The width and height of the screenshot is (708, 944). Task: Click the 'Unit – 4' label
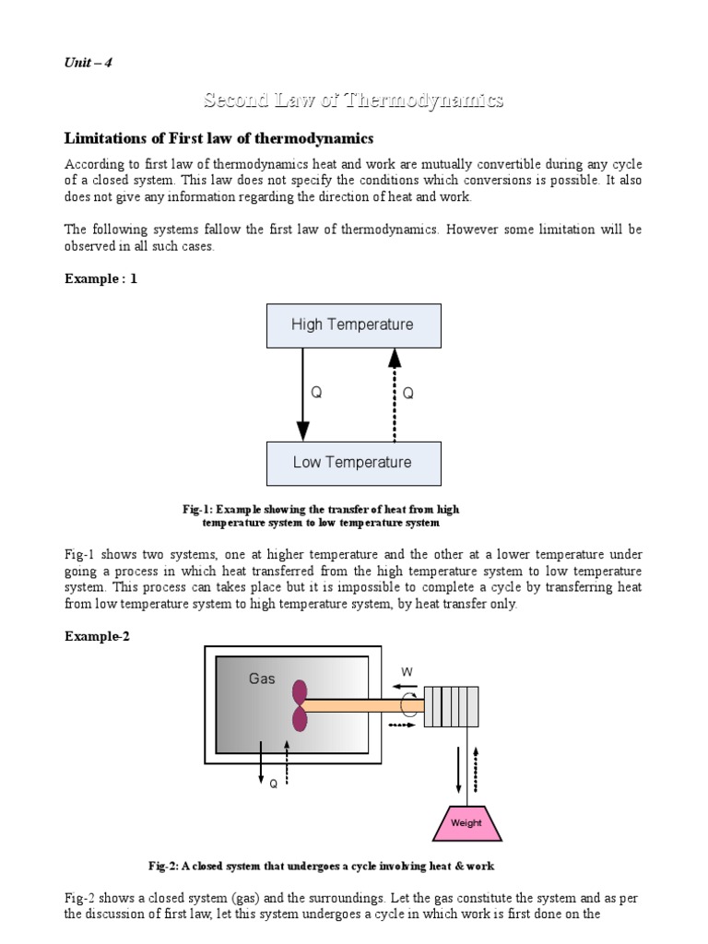click(88, 63)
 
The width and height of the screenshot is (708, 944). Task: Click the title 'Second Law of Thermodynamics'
click(353, 100)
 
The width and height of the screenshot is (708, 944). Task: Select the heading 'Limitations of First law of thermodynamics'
click(218, 138)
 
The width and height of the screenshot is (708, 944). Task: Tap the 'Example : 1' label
click(100, 277)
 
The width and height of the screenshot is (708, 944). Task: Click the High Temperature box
click(353, 324)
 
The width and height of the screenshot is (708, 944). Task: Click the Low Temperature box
click(353, 463)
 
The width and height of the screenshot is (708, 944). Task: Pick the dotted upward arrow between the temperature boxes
click(395, 394)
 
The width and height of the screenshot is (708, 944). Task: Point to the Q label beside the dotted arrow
click(408, 394)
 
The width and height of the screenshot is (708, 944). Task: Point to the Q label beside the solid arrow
click(316, 394)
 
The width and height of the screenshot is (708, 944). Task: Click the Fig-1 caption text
click(321, 516)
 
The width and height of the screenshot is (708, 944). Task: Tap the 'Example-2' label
click(97, 636)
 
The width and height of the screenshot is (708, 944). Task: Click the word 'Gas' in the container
click(263, 679)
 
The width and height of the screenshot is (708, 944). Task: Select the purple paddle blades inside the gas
click(301, 705)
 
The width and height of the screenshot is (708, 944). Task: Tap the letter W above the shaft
click(407, 671)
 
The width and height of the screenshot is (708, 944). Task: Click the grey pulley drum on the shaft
click(451, 706)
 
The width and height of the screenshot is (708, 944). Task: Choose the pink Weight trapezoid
click(466, 821)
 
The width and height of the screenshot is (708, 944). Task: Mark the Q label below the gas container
click(273, 784)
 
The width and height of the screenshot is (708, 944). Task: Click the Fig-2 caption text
click(322, 866)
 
